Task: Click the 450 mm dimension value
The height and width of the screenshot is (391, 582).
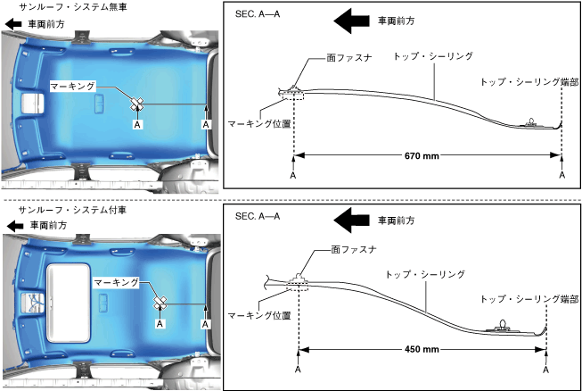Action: coord(421,349)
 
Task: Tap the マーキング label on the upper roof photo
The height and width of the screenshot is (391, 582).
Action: coord(72,87)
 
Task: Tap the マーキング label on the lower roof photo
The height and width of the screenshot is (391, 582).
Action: coord(117,281)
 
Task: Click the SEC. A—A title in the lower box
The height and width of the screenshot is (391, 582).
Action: coord(258,216)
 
